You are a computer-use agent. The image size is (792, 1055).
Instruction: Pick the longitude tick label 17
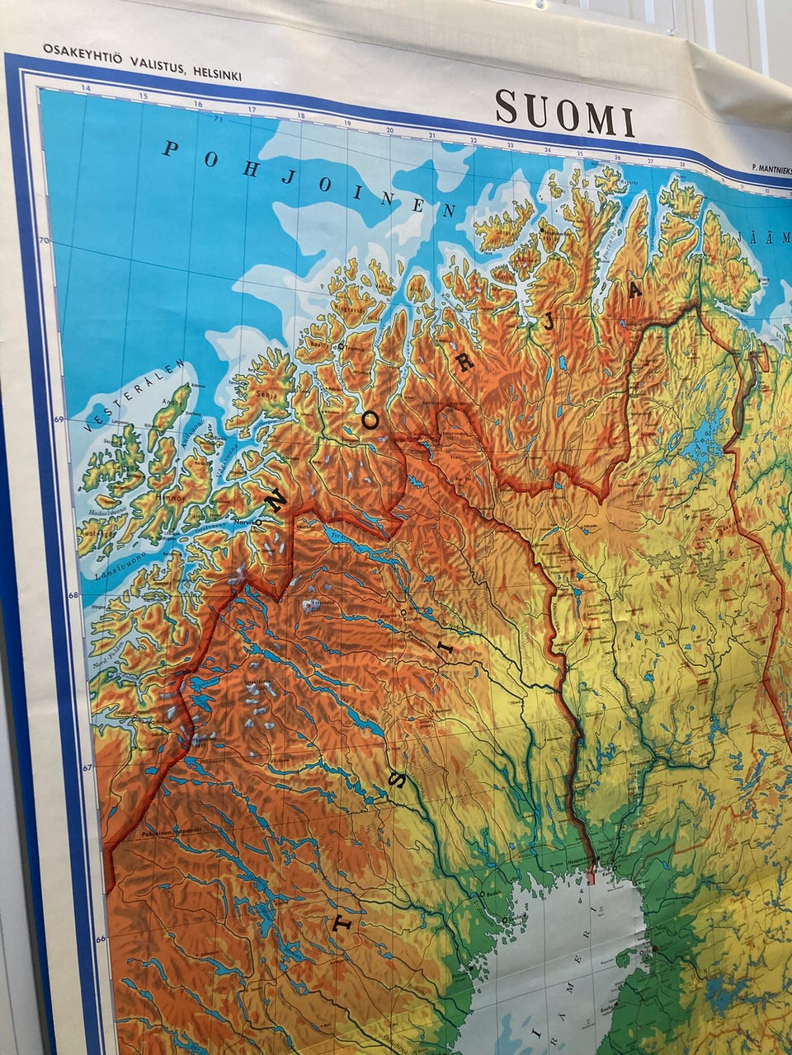click(x=252, y=110)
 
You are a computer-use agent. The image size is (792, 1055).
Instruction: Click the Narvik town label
click(x=243, y=521)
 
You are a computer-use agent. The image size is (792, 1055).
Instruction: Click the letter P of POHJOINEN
click(x=171, y=150)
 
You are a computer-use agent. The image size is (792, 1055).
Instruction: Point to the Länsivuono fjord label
click(x=118, y=566)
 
